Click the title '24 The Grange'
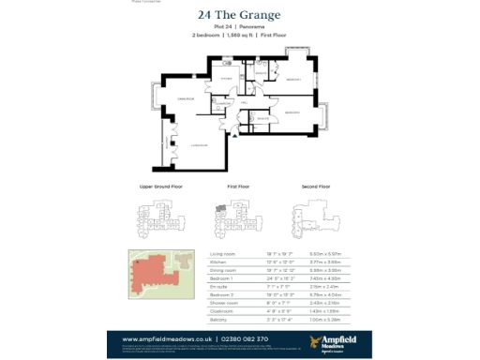(239, 15)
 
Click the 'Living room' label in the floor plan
(199, 145)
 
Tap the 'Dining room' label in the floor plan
(185, 97)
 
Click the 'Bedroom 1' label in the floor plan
(292, 81)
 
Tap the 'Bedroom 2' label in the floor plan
(292, 112)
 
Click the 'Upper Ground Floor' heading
(160, 187)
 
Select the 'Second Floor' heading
(316, 187)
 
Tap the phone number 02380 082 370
(245, 337)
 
